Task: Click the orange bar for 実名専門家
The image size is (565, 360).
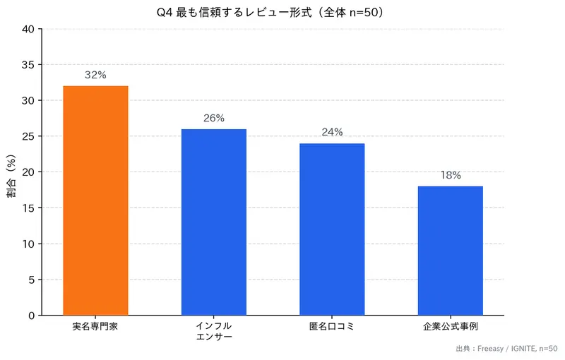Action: coord(95,200)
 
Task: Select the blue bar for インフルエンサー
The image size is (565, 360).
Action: coord(214,222)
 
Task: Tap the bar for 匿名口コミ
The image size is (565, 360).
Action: coord(332,229)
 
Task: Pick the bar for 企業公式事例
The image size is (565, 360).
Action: coord(451,251)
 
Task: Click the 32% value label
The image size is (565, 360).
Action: coord(95,75)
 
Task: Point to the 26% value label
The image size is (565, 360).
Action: coord(214,118)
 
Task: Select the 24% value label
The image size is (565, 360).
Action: coord(332,132)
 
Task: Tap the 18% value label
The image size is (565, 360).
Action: coord(451,175)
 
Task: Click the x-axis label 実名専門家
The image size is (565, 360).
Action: coord(95,327)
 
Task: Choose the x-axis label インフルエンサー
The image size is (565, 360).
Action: coord(214,332)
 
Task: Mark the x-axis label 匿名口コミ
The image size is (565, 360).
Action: coord(332,327)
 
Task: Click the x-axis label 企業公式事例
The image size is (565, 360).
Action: coord(451,327)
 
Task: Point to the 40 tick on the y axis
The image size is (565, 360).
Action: coord(28,29)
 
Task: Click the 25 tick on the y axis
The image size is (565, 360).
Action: coord(28,136)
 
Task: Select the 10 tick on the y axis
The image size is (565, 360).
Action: coord(28,244)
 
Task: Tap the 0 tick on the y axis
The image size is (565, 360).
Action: coord(31,316)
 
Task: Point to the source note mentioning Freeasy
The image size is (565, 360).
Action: coord(506,349)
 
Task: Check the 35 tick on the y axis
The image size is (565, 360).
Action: coord(28,65)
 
